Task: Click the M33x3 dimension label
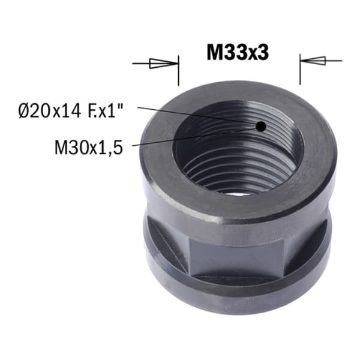pos(238,53)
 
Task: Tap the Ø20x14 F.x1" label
pos(71,111)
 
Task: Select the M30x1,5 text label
pos(89,147)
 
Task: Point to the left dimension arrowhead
pos(164,64)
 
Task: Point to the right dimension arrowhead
pos(313,61)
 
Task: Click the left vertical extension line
pos(179,70)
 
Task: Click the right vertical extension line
pos(300,70)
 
